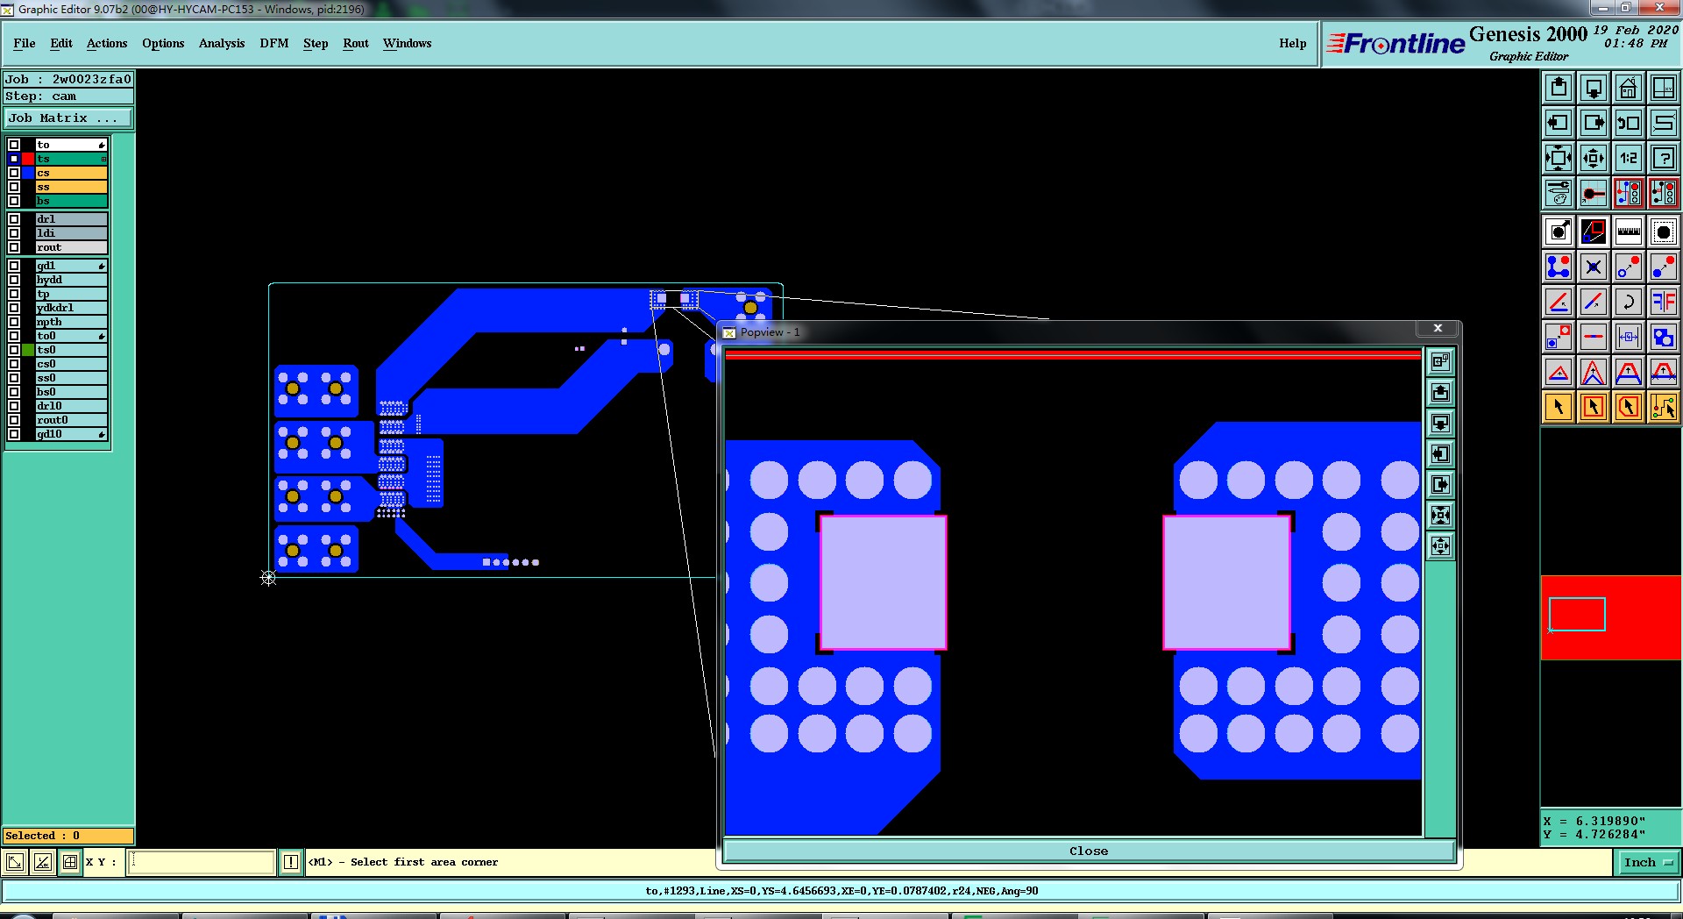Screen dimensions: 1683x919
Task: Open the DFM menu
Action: point(273,43)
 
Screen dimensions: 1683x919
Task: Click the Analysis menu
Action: point(222,43)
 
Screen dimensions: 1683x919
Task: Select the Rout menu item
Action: point(356,43)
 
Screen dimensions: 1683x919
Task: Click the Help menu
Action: point(1292,43)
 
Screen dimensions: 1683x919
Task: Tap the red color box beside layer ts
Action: point(28,159)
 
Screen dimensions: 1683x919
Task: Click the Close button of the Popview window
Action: point(1089,851)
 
